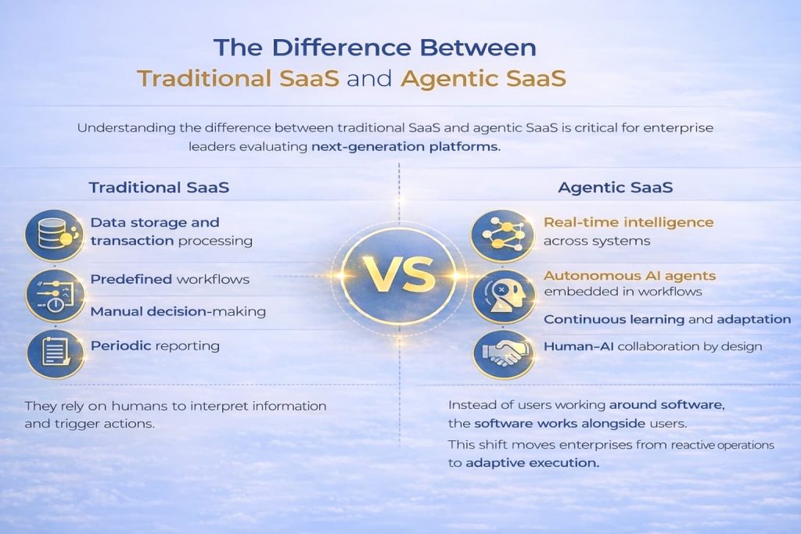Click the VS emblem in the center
pos(399,276)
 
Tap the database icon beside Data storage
pos(54,235)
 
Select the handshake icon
pos(504,354)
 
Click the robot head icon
pos(503,296)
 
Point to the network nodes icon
pos(502,235)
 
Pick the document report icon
pos(56,353)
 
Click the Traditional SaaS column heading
pos(159,188)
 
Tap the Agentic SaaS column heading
pos(615,188)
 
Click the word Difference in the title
pos(341,48)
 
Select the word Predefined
pos(131,279)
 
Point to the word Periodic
pos(120,346)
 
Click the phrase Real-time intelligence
pos(628,223)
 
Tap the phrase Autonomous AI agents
pos(630,276)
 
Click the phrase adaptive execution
pos(532,463)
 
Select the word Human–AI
pos(578,346)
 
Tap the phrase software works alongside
pos(560,424)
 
